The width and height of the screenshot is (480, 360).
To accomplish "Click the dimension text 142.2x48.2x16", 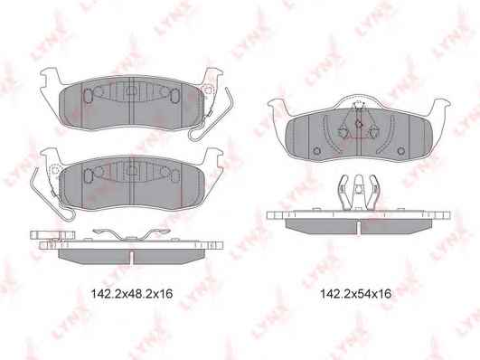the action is coord(132,294).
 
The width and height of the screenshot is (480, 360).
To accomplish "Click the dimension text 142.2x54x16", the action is coord(355,294).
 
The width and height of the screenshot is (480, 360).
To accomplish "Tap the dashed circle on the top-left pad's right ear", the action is coord(208,90).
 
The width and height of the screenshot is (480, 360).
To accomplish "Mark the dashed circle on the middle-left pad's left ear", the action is coord(55,170).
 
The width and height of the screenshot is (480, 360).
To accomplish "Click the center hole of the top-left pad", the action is coord(131,90).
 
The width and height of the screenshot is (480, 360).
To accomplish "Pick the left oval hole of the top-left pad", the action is coord(88,95).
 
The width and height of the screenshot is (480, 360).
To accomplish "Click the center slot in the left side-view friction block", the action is coord(131,257).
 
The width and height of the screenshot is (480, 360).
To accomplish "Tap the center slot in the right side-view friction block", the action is coord(358,228).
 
